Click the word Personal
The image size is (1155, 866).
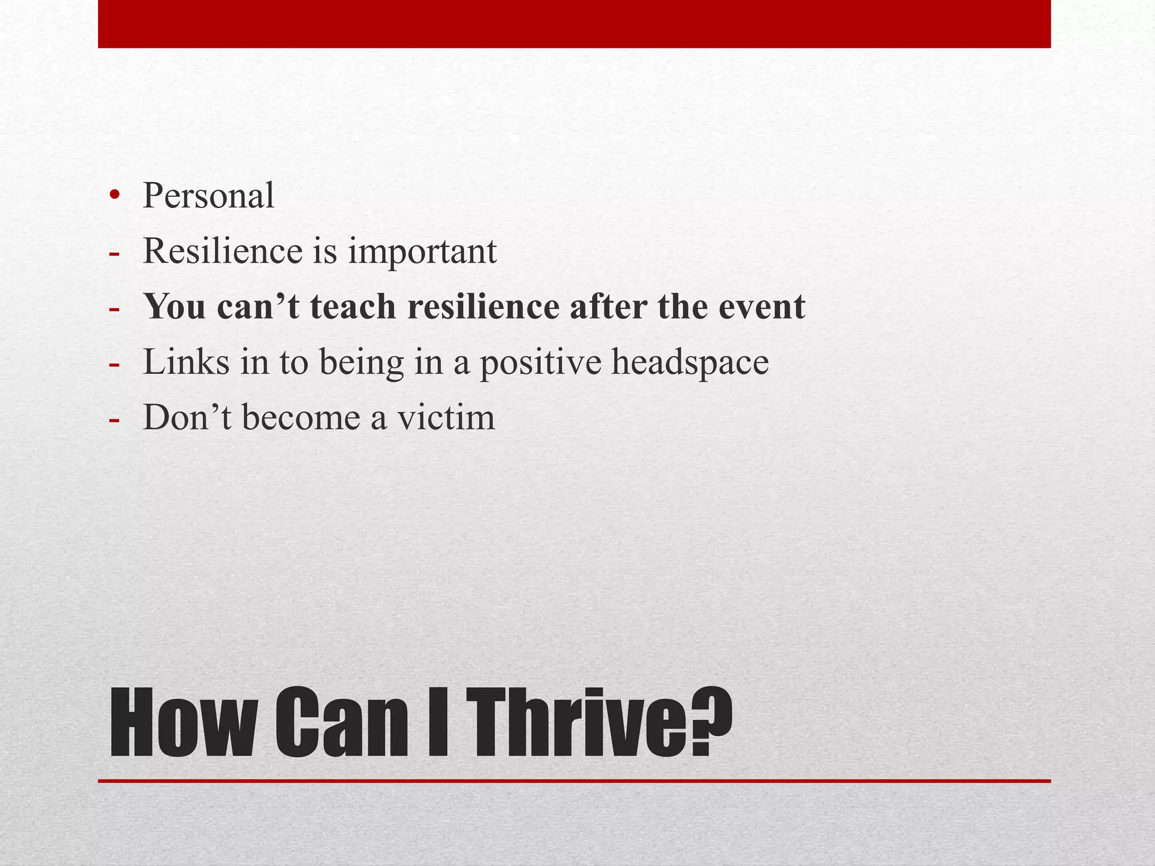[208, 196]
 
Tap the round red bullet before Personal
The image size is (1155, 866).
[115, 196]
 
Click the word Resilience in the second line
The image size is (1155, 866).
[223, 251]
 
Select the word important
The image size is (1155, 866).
[422, 252]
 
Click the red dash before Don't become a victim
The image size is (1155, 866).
[114, 419]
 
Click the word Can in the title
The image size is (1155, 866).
[341, 723]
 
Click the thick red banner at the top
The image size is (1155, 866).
[574, 24]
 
